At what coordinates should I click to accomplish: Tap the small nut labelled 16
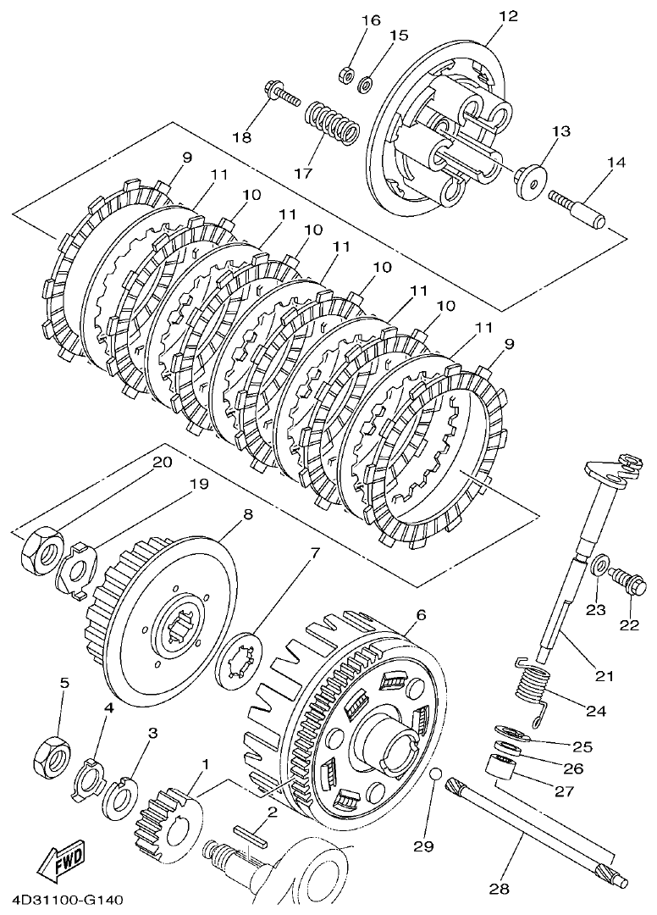pos(345,75)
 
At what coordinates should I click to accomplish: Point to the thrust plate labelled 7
pos(240,660)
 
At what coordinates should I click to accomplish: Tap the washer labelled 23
pos(599,564)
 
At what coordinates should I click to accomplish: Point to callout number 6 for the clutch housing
pos(421,615)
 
